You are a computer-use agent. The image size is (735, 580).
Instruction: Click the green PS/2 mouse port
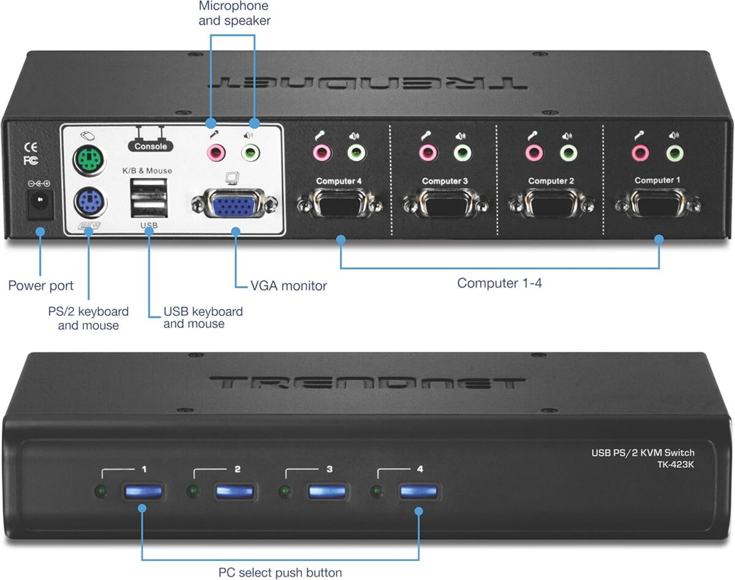(x=89, y=162)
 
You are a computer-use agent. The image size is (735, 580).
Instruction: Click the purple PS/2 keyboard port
(x=89, y=200)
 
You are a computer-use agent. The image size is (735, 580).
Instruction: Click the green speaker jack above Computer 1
(x=674, y=153)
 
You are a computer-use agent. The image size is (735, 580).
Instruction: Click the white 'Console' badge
(x=150, y=146)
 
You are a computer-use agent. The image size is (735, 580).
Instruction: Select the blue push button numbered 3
(x=326, y=492)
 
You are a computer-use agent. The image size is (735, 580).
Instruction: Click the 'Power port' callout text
(x=40, y=285)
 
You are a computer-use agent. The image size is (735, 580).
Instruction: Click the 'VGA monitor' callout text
(x=288, y=285)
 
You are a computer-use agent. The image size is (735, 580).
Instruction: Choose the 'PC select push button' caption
(x=280, y=573)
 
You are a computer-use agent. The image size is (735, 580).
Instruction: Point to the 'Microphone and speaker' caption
(x=234, y=13)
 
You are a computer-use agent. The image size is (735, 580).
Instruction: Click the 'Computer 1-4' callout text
(x=499, y=283)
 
